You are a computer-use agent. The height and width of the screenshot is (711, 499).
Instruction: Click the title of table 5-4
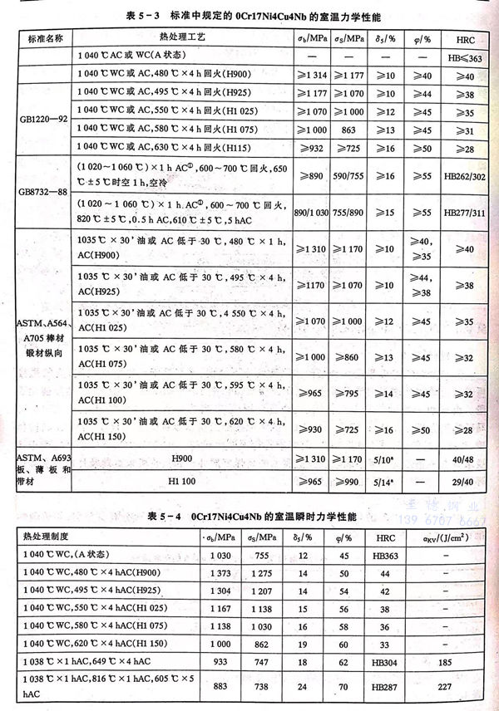[x=249, y=517]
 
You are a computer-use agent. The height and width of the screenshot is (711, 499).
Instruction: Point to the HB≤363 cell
[x=461, y=57]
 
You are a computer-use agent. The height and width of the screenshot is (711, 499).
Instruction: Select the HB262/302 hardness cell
[x=461, y=177]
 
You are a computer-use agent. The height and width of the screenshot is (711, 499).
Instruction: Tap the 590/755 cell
[x=350, y=177]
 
